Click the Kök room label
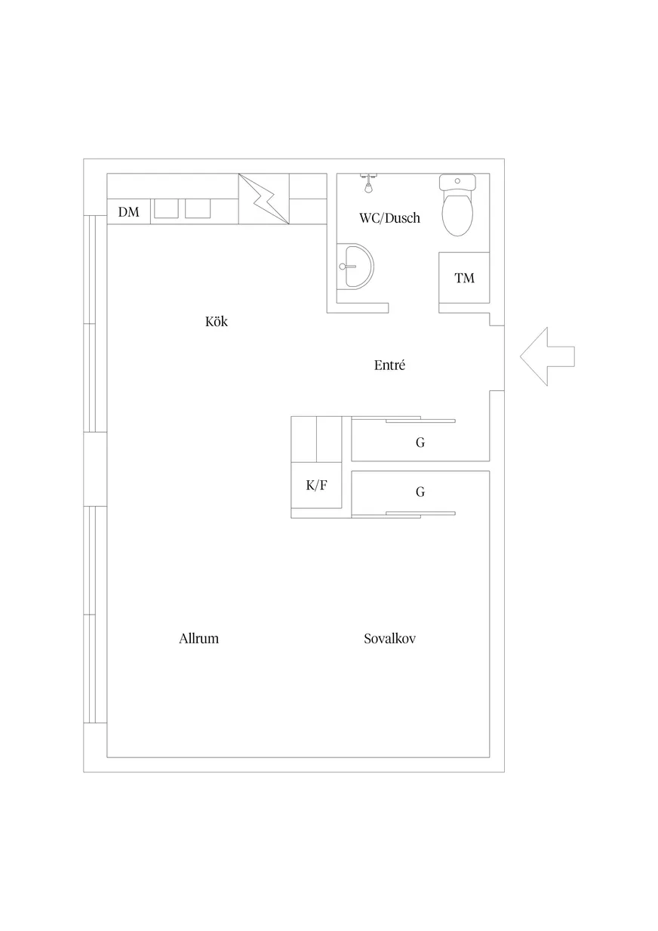click(x=217, y=321)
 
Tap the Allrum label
click(x=198, y=638)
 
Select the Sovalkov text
click(x=389, y=638)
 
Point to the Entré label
click(x=389, y=365)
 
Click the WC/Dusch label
click(x=389, y=217)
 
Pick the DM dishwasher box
click(x=129, y=211)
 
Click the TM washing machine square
click(x=464, y=277)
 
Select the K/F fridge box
click(x=316, y=485)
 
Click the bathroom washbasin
click(x=355, y=267)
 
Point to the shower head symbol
click(x=368, y=183)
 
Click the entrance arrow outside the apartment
click(x=547, y=356)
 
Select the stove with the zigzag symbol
click(x=264, y=199)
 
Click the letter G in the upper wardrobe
click(x=420, y=442)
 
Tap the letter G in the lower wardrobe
click(x=420, y=492)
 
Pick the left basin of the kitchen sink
click(x=166, y=208)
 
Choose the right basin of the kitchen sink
click(x=198, y=208)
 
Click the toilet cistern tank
click(x=457, y=182)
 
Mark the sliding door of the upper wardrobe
click(x=404, y=419)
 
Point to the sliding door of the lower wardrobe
click(x=404, y=515)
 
